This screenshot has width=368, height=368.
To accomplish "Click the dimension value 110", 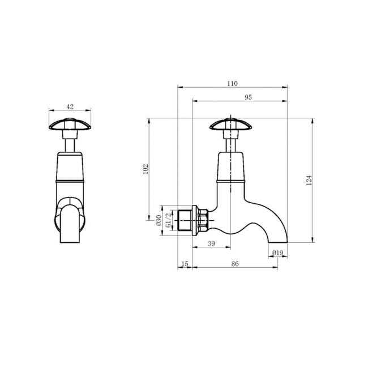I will (x=232, y=84).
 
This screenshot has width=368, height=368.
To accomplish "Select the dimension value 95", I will (x=248, y=97).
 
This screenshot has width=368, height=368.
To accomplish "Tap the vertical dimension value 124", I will (x=309, y=180).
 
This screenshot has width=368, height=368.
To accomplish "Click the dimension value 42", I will (x=70, y=106).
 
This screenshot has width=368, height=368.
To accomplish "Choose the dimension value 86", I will (x=235, y=264).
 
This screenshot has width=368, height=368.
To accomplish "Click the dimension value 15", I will (x=184, y=264).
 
